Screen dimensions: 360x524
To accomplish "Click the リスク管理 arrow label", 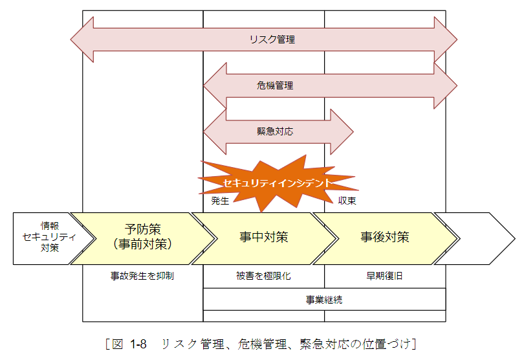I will click(272, 39).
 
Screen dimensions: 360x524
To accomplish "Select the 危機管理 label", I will click(275, 85).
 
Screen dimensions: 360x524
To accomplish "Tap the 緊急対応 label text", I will click(275, 131).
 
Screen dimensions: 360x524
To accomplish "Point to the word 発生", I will click(221, 201).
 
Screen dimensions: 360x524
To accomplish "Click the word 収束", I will click(347, 201).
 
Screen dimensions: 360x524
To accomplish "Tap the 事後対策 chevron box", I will click(385, 237).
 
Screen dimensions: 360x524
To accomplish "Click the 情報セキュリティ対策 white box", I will click(43, 237).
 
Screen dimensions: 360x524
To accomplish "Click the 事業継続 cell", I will click(324, 300).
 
